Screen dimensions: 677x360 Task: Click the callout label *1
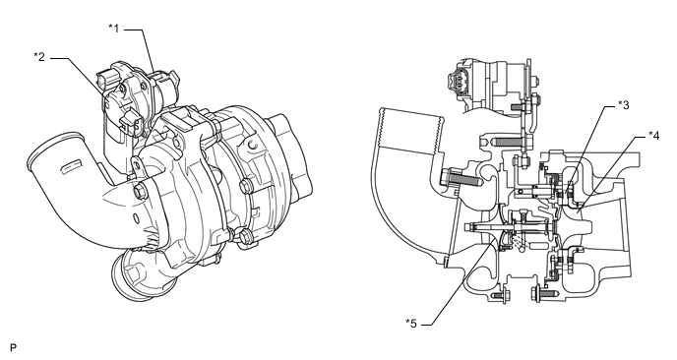[113, 29]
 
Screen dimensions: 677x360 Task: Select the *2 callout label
[39, 56]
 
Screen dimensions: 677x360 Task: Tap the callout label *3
[624, 105]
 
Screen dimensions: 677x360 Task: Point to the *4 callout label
[653, 136]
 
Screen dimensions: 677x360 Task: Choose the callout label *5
[411, 324]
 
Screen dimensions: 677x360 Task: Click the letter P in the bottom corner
[14, 348]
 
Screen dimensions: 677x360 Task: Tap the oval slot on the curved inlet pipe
[69, 166]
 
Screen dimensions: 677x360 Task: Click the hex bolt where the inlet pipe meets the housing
[140, 191]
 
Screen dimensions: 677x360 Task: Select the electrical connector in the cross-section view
[458, 82]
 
